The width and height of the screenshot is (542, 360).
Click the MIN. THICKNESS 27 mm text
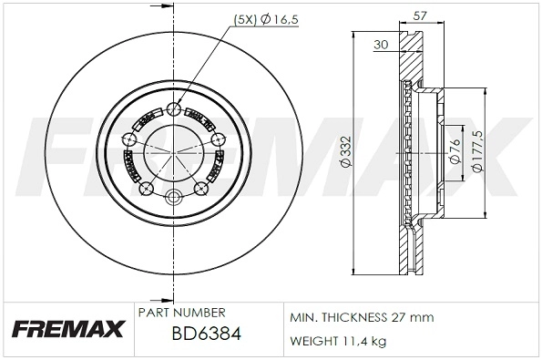[362, 316]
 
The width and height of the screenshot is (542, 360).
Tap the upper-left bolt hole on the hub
[129, 140]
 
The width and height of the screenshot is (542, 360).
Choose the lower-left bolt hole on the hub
[145, 190]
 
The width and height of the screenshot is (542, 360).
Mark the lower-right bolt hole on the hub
[201, 190]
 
